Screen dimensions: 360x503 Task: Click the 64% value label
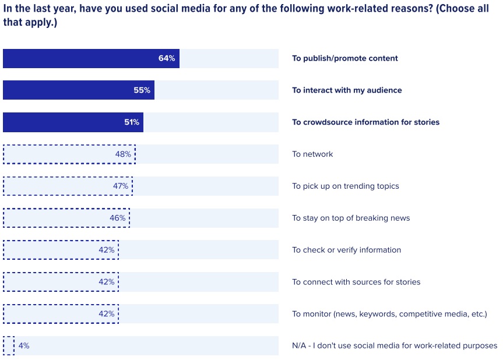166,58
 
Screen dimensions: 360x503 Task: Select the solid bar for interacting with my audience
79,90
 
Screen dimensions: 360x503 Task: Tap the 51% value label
131,122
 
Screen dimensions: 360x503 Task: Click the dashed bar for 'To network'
69,154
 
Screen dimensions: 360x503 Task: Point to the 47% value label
121,186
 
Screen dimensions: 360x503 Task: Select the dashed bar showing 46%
66,218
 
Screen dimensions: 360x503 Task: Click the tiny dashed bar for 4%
9,345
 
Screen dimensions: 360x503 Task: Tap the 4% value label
24,345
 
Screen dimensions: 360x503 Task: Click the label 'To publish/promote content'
345,58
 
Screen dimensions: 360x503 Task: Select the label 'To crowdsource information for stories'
365,122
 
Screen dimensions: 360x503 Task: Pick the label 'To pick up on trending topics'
346,186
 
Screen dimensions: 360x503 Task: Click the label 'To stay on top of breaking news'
351,218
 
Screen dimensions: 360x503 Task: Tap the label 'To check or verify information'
346,250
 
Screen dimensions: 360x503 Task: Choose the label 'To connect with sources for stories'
356,282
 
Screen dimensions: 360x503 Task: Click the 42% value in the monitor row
106,313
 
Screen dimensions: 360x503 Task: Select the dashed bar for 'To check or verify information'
61,250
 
